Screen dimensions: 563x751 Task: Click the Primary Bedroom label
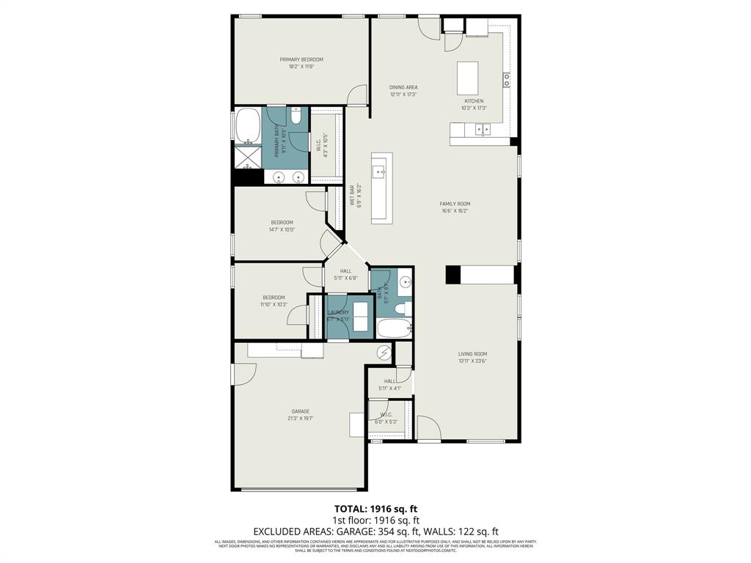coord(301,59)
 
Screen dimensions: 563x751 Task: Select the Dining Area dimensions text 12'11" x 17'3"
coord(403,95)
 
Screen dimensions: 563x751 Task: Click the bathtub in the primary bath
coord(247,125)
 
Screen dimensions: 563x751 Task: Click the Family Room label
coord(455,204)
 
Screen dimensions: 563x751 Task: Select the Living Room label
coord(472,354)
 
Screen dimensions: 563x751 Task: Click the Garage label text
coord(301,411)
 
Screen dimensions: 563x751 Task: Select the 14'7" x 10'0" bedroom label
coord(282,223)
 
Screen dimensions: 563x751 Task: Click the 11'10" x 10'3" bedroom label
coord(274,298)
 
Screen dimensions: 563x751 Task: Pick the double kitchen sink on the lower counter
coord(483,130)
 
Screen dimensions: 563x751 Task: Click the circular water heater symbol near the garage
coord(385,353)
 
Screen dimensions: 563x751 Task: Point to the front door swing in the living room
coord(428,427)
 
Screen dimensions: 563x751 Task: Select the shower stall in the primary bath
coord(248,157)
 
